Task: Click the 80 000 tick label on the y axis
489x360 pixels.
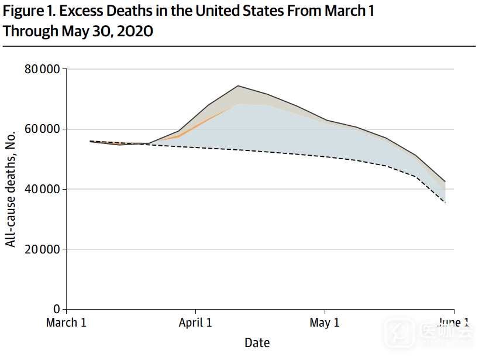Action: click(43, 70)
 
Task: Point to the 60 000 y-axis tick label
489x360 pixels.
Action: click(43, 129)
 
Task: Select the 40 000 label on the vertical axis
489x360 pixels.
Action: click(43, 190)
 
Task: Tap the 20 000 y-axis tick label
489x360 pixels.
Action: click(43, 249)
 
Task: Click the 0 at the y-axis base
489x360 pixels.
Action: click(57, 309)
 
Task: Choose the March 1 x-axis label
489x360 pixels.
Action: click(66, 323)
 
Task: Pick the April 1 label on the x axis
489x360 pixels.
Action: click(196, 323)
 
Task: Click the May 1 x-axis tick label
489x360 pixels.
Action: click(325, 323)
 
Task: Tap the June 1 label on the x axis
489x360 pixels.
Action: click(453, 323)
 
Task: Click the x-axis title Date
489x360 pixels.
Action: click(257, 342)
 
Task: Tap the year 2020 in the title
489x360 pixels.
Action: click(134, 31)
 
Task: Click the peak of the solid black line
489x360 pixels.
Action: click(238, 86)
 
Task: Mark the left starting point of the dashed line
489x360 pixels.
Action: click(90, 141)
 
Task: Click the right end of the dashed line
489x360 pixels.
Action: click(446, 203)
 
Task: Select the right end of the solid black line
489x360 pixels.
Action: click(446, 181)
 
